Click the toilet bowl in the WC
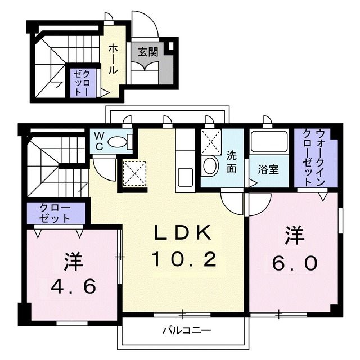pos(118,142)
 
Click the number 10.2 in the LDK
pos(183,259)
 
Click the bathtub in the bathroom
pos(269,141)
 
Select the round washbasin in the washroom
pos(210,165)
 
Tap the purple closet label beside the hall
pos(83,82)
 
